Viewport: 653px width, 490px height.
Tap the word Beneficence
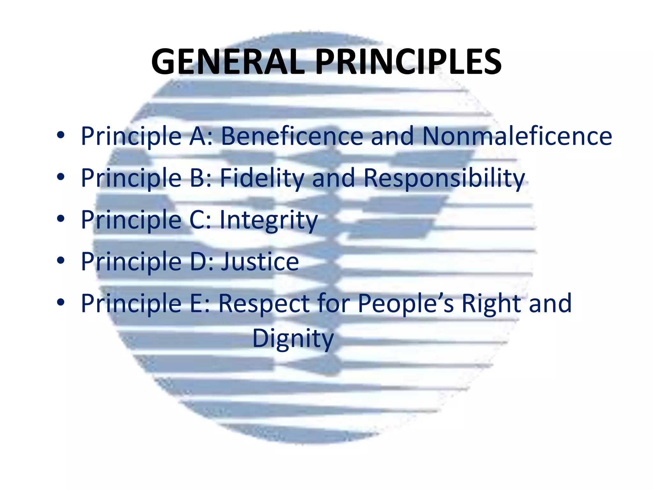click(x=292, y=136)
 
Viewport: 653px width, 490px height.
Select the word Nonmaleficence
click(x=517, y=136)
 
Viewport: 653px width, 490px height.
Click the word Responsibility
click(x=444, y=178)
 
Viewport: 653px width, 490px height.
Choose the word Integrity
click(x=269, y=220)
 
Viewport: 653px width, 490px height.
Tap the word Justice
click(x=260, y=262)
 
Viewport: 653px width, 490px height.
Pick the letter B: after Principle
click(x=201, y=178)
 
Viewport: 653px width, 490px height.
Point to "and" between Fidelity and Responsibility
click(x=333, y=178)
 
